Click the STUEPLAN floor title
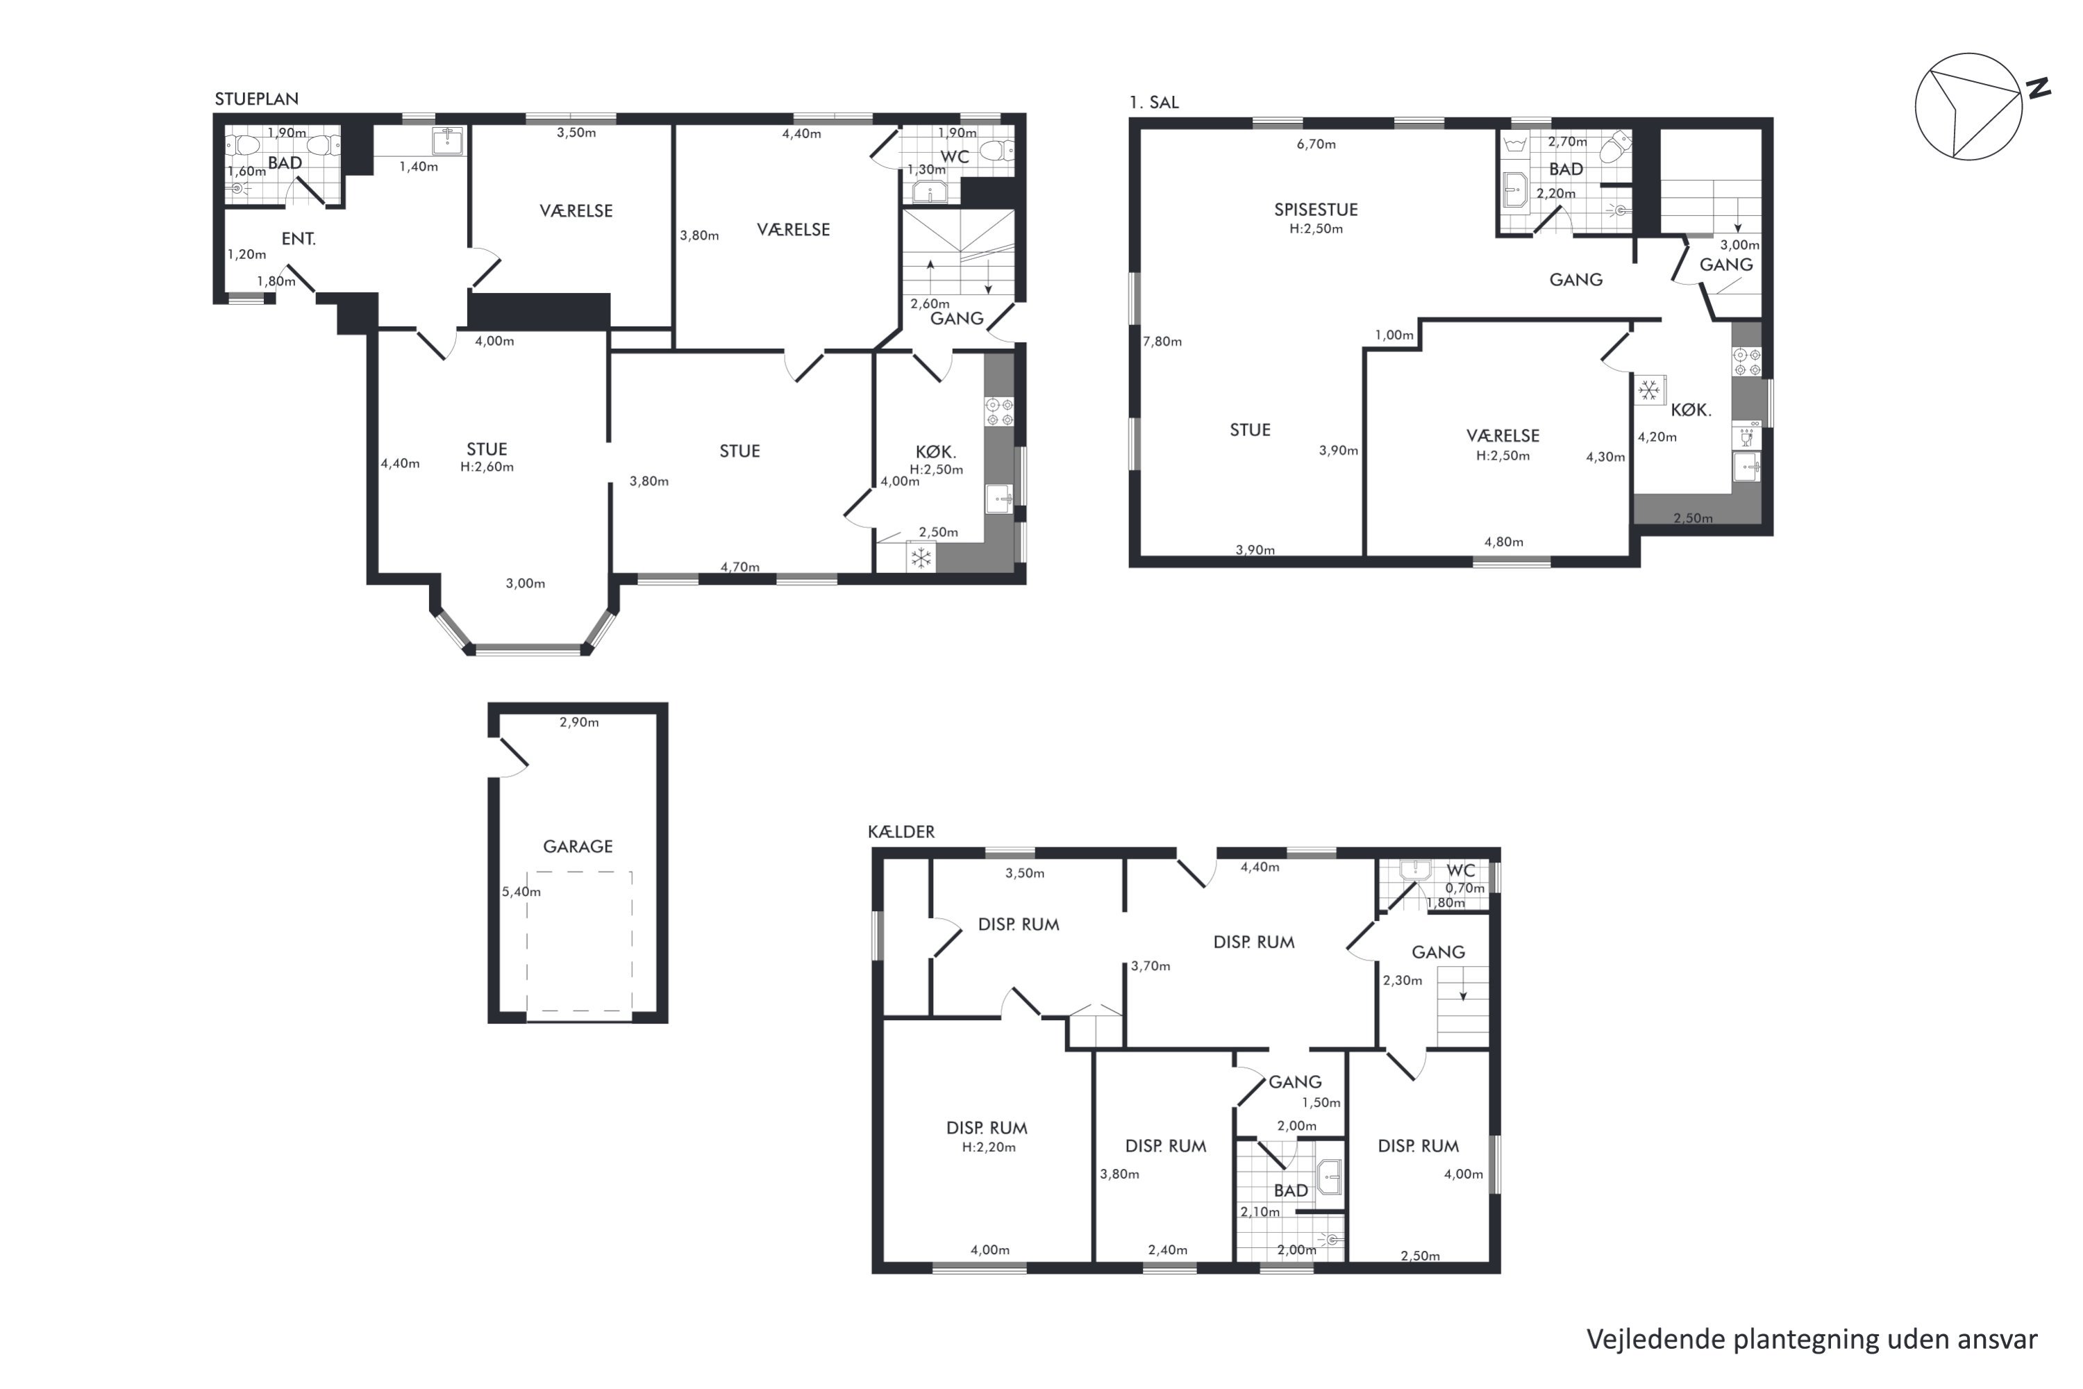click(256, 99)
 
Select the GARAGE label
click(578, 846)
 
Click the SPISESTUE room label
click(1315, 210)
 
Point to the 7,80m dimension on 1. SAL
click(1162, 341)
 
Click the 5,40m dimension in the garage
click(521, 892)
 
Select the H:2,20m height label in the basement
click(988, 1147)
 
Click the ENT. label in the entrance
click(299, 238)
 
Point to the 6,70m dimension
click(1316, 144)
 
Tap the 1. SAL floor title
click(1154, 102)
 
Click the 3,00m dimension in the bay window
click(525, 583)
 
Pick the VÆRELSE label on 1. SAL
click(1503, 436)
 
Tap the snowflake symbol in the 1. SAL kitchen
click(1648, 390)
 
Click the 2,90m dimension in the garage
click(579, 722)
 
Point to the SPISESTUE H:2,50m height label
click(1316, 228)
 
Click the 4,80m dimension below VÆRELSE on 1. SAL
click(1504, 542)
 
